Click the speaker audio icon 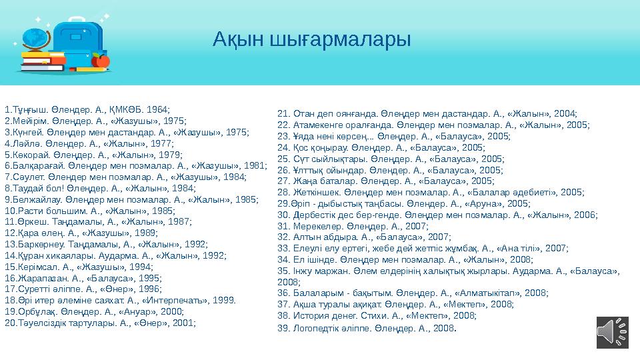(x=613, y=331)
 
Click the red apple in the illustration (x=101, y=61)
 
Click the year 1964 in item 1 (x=157, y=108)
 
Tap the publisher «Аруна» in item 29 (x=487, y=203)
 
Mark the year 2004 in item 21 (x=564, y=113)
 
